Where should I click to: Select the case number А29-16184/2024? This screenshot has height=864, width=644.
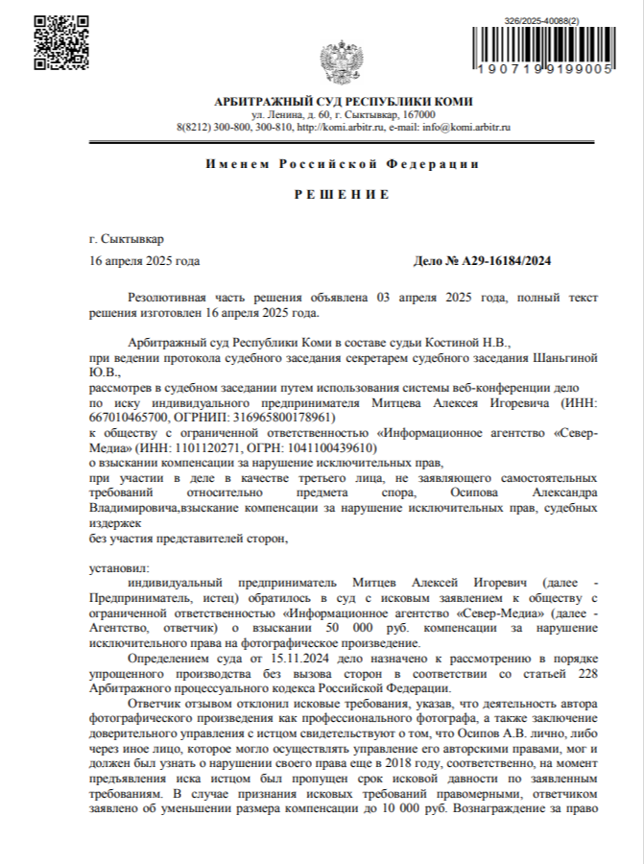pos(510,261)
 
